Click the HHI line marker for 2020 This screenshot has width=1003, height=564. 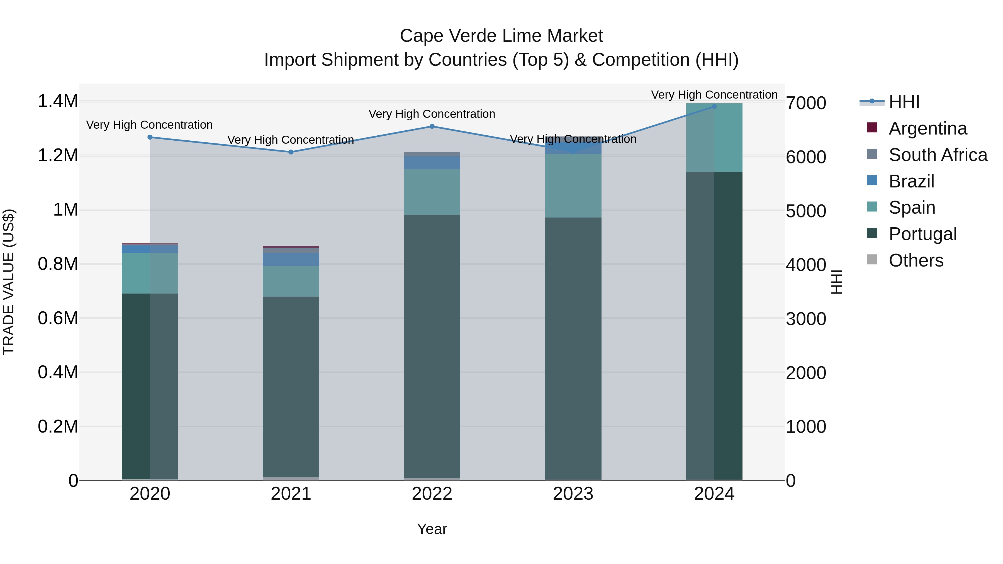click(150, 137)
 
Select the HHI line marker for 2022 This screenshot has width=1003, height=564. click(432, 126)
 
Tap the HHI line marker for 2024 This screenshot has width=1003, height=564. click(714, 106)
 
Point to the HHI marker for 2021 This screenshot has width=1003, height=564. click(291, 152)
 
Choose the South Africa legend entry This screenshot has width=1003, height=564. click(937, 155)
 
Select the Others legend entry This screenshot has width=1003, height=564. click(916, 260)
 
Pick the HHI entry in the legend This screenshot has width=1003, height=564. click(904, 102)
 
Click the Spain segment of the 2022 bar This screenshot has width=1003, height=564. click(432, 192)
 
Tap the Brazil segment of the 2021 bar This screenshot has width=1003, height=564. click(291, 259)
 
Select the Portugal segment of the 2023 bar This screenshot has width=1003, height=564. click(573, 348)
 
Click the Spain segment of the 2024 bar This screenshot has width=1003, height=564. click(714, 137)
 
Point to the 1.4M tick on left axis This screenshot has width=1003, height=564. click(58, 101)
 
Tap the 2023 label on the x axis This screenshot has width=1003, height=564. click(573, 494)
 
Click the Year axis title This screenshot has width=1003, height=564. click(432, 529)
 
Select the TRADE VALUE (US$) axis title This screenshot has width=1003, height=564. click(9, 282)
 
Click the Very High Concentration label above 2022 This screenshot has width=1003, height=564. click(432, 114)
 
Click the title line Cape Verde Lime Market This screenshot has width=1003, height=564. click(501, 36)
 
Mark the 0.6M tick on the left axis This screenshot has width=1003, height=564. click(58, 318)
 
